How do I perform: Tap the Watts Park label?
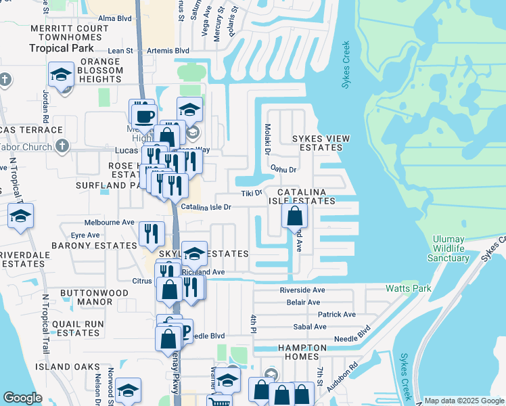pos(408,288)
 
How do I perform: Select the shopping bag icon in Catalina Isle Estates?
pos(294,216)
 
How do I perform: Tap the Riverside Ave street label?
pos(302,290)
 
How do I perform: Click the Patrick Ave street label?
pos(336,315)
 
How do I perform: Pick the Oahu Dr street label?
pos(283,169)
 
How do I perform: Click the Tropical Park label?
pos(58,48)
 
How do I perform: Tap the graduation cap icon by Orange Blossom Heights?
pos(61,74)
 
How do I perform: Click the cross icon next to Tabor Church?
pos(62,145)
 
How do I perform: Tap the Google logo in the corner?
pos(22,398)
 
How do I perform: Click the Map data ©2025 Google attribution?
pos(463,401)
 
